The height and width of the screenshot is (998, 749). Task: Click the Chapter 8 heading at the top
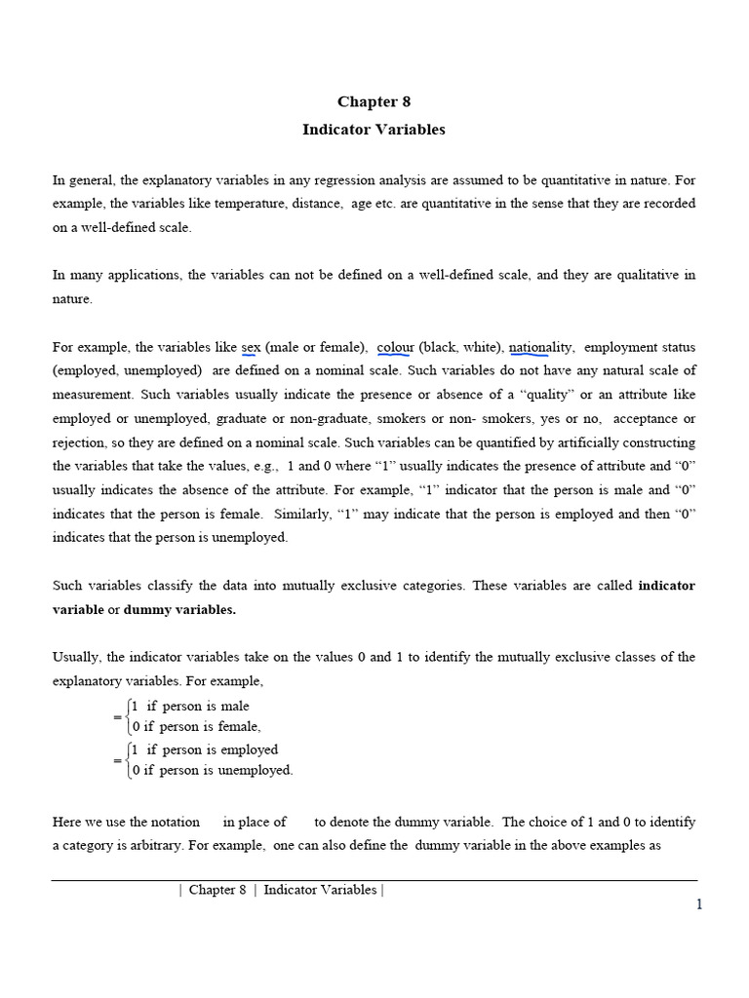pyautogui.click(x=368, y=101)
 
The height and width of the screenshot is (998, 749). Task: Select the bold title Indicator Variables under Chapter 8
pyautogui.click(x=374, y=129)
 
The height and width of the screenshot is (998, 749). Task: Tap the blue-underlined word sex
pyautogui.click(x=251, y=347)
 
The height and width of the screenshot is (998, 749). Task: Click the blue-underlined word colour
pyautogui.click(x=395, y=347)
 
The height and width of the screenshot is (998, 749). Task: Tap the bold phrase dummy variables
pyautogui.click(x=179, y=609)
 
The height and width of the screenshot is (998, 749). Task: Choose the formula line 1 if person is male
pyautogui.click(x=190, y=706)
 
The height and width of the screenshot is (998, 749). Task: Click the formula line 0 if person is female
pyautogui.click(x=197, y=726)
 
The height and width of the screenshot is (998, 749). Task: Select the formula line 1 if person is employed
pyautogui.click(x=205, y=749)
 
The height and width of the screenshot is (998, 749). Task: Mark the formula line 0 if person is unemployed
pyautogui.click(x=212, y=770)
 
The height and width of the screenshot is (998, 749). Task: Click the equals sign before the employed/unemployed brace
pyautogui.click(x=117, y=760)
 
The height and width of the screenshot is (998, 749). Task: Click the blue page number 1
pyautogui.click(x=698, y=904)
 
